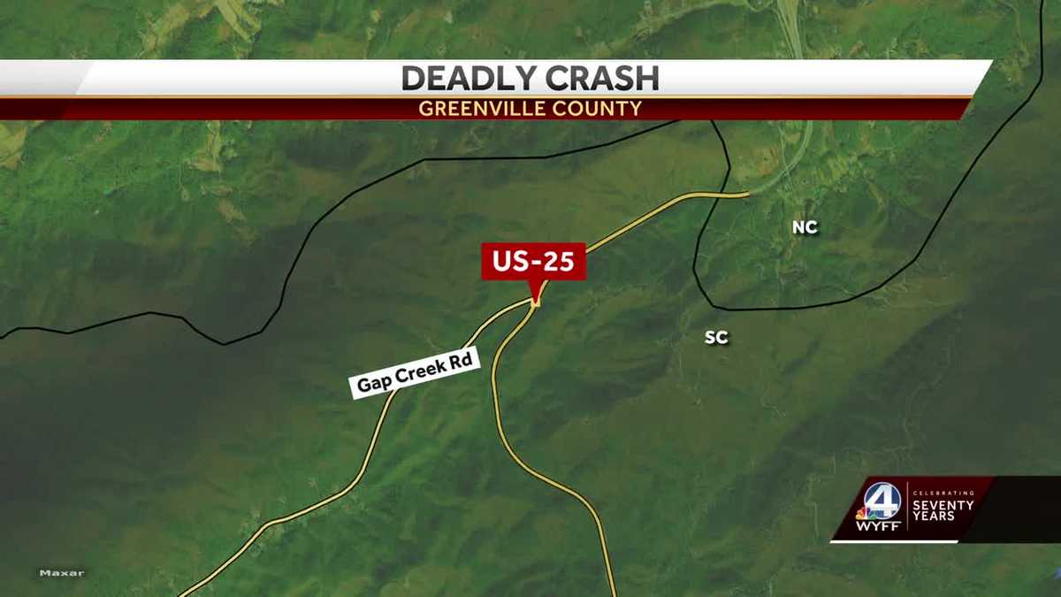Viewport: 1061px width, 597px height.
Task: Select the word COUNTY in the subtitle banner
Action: pos(599,110)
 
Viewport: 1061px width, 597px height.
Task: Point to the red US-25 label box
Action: pos(533,262)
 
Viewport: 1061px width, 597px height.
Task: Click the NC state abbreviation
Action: pos(805,228)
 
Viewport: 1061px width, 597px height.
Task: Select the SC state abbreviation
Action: pos(716,338)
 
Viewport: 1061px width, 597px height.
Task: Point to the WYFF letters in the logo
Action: pos(878,527)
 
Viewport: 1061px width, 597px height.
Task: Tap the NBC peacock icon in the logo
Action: pos(862,512)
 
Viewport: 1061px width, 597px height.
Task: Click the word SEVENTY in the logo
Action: pos(943,505)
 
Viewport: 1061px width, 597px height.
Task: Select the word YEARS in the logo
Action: pos(934,517)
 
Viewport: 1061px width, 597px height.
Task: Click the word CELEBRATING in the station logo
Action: pos(943,493)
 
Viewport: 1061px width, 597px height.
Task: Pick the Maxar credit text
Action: pos(62,573)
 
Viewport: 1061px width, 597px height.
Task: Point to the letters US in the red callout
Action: pos(511,262)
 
